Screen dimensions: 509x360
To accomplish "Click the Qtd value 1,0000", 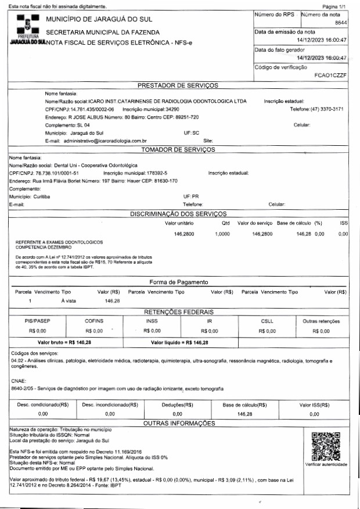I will point(222,234).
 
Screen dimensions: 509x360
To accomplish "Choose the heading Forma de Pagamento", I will point(178,282).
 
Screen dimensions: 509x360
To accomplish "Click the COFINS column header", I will point(94,321).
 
